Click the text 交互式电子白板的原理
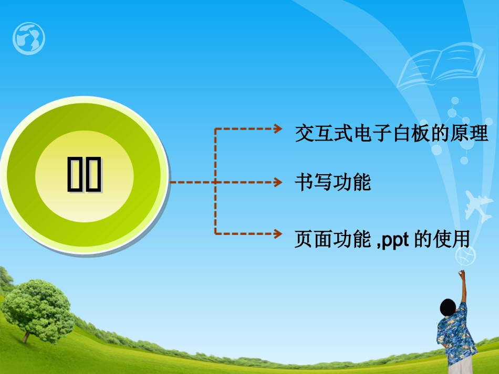[392, 134]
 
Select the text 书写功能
[333, 182]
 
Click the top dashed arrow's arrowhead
[278, 129]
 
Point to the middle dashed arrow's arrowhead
[278, 182]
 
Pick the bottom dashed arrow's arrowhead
[278, 233]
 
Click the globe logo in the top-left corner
[29, 38]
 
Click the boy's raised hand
[462, 274]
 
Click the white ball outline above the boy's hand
[467, 256]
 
